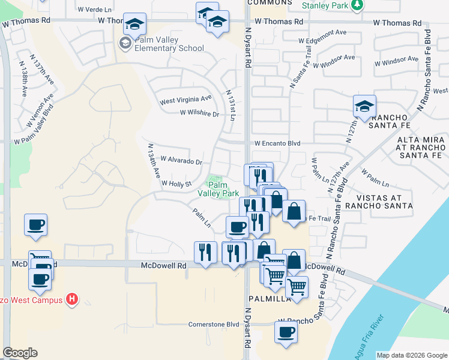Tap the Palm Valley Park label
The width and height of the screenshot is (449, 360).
pos(218,189)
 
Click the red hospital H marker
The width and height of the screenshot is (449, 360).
pos(73,299)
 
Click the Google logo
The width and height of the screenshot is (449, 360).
pos(20,353)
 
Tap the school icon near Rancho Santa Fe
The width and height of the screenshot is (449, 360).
pos(364,106)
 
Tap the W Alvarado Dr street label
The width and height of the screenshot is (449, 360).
pos(181,161)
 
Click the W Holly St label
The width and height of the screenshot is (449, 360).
pos(176,184)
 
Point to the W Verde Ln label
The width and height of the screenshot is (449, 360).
pos(95,10)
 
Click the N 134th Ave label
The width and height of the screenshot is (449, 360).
pos(153,160)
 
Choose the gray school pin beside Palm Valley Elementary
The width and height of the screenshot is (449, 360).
pos(125,43)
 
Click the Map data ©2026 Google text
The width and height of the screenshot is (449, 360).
pos(412,355)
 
